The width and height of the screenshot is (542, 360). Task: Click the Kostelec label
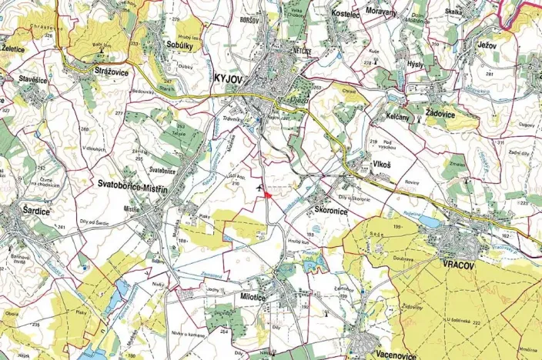pos(345,15)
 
